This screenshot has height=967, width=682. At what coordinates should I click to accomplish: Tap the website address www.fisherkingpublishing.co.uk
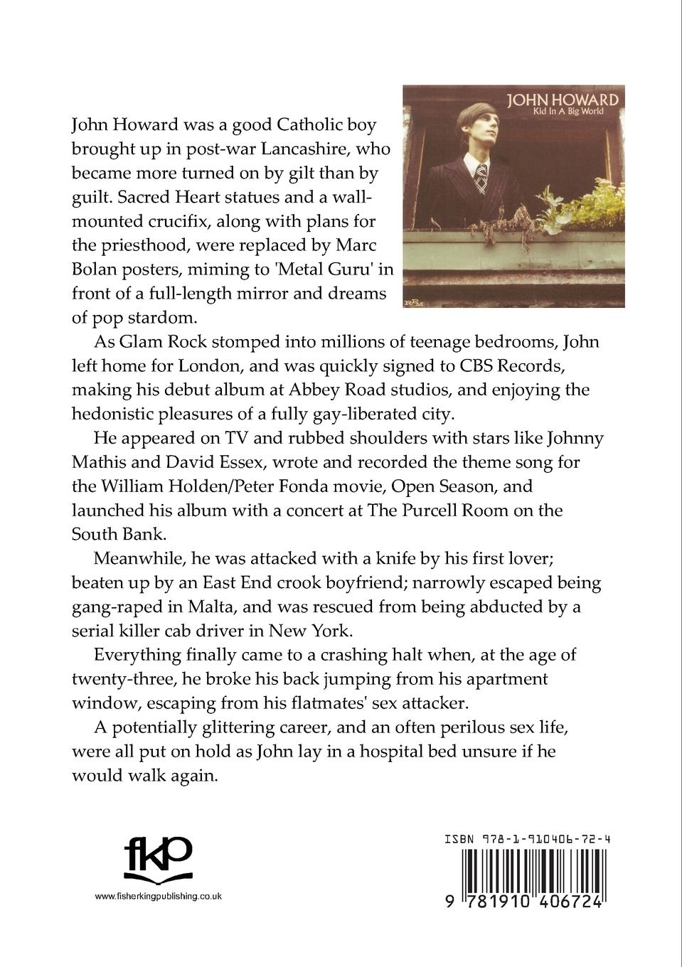click(x=158, y=896)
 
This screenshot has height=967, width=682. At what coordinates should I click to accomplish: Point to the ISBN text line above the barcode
click(x=527, y=839)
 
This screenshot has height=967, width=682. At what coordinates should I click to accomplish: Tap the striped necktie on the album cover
click(x=481, y=178)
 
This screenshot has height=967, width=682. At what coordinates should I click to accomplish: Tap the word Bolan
click(x=94, y=269)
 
